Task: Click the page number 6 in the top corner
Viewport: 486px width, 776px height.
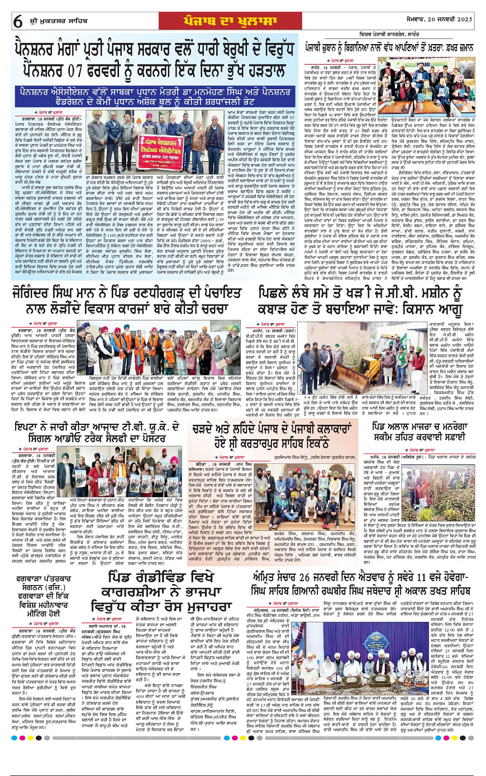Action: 18,21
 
